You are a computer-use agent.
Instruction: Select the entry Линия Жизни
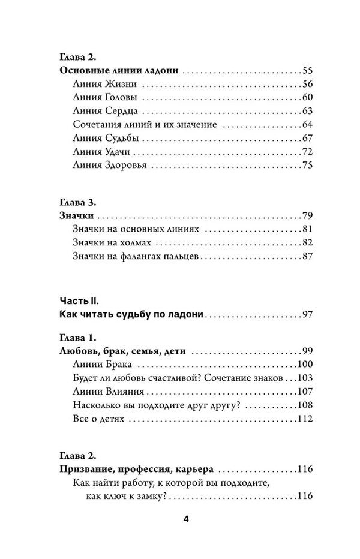97,85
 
